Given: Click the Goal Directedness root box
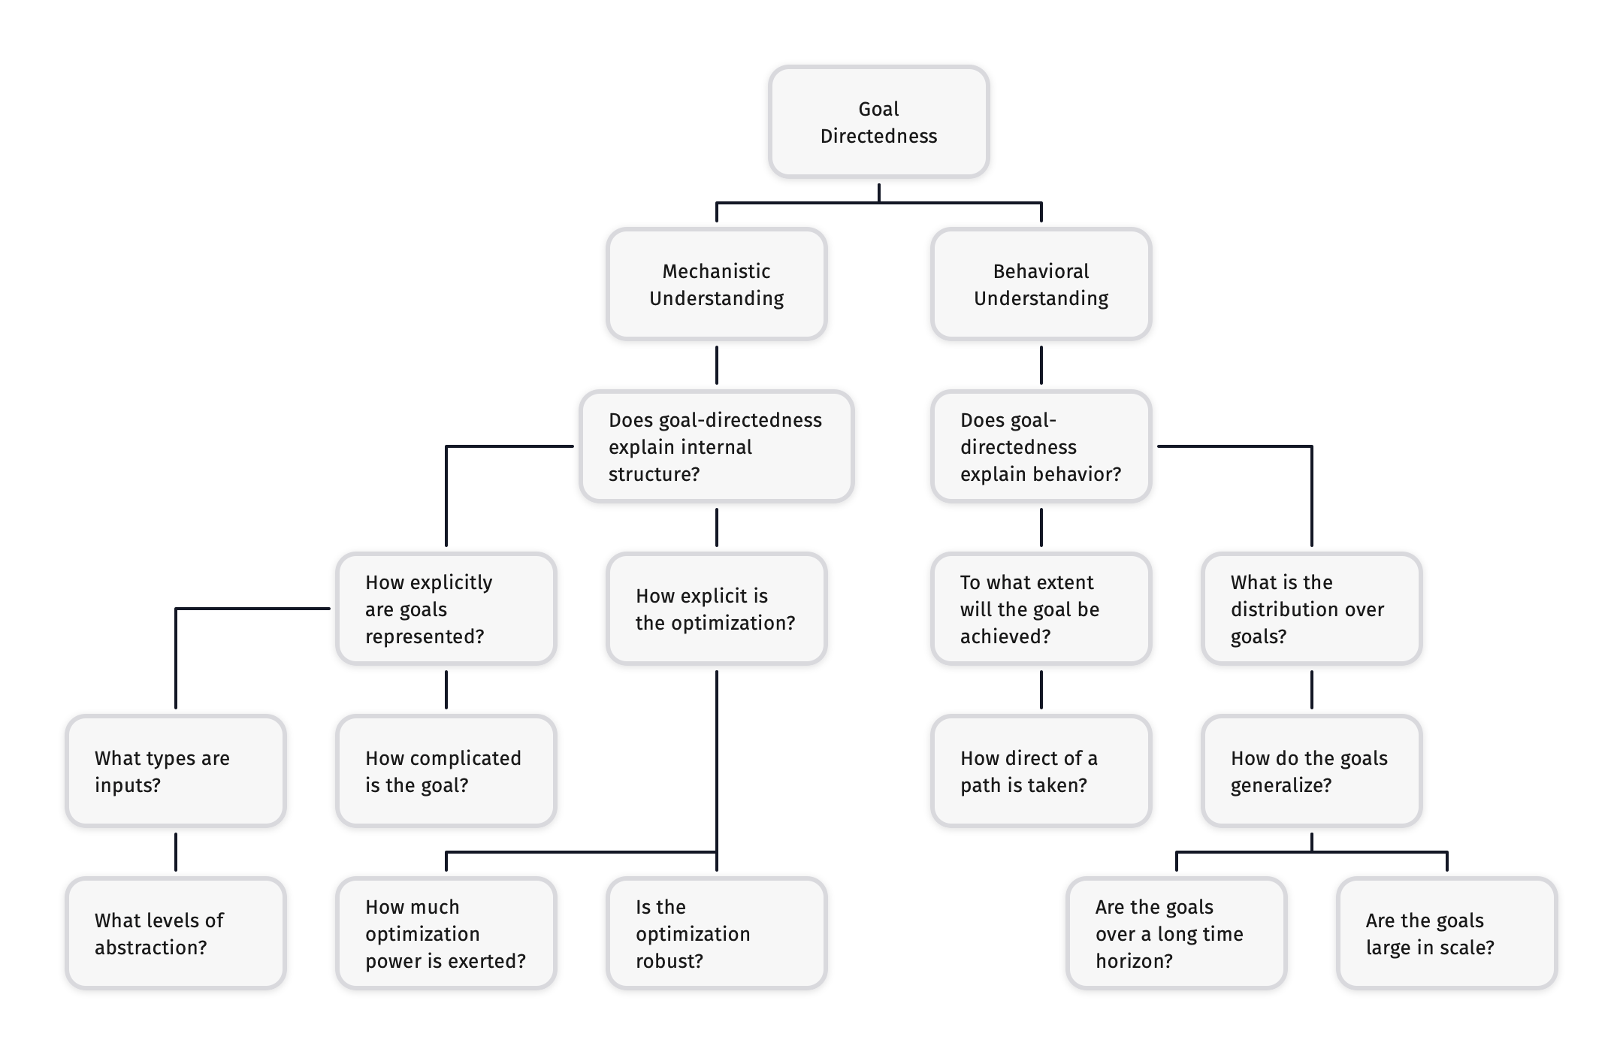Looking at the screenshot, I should pyautogui.click(x=878, y=122).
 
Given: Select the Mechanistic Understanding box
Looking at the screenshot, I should pyautogui.click(x=716, y=284).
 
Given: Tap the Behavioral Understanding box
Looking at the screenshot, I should pyautogui.click(x=1041, y=284).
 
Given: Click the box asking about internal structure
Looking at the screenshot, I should pyautogui.click(x=716, y=446).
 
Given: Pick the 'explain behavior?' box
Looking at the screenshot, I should pyautogui.click(x=1041, y=446).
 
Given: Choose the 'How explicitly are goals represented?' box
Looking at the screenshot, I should pyautogui.click(x=446, y=609).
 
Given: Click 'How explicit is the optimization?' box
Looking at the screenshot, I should pyautogui.click(x=716, y=609).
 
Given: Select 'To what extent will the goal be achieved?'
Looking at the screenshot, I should pyautogui.click(x=1041, y=609).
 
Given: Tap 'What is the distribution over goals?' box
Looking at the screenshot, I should pyautogui.click(x=1311, y=609).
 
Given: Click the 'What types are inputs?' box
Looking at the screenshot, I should pyautogui.click(x=175, y=771).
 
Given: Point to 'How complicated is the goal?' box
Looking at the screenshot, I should pyautogui.click(x=446, y=771).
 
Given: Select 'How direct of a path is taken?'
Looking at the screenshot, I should pyautogui.click(x=1041, y=771).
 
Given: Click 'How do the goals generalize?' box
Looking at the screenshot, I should pyautogui.click(x=1311, y=771).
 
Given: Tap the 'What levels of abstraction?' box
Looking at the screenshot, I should pyautogui.click(x=175, y=933).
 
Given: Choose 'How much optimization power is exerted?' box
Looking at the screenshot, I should pyautogui.click(x=446, y=933).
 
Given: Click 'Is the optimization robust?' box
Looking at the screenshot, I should pyautogui.click(x=716, y=933).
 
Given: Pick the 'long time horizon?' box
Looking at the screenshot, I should pyautogui.click(x=1176, y=933).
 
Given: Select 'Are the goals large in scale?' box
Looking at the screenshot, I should pyautogui.click(x=1446, y=933).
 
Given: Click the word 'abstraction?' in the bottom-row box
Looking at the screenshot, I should pyautogui.click(x=150, y=948).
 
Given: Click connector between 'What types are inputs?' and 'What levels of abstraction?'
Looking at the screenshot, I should pyautogui.click(x=176, y=852).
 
